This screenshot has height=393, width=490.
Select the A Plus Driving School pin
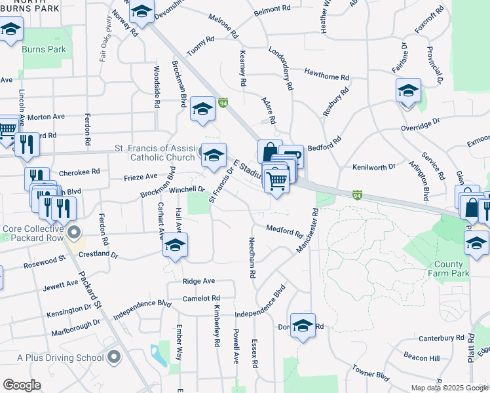[115, 358]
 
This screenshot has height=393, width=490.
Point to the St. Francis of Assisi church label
[151, 153]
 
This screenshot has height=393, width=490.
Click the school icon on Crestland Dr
[175, 246]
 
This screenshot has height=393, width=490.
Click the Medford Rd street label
[284, 231]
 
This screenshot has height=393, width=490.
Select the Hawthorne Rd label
[328, 71]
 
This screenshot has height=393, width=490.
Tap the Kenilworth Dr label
[374, 167]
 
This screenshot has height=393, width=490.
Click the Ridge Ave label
[199, 281]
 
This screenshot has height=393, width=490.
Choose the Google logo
[22, 385]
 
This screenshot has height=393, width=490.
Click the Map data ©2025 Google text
[449, 388]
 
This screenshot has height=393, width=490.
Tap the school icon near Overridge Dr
[407, 90]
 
